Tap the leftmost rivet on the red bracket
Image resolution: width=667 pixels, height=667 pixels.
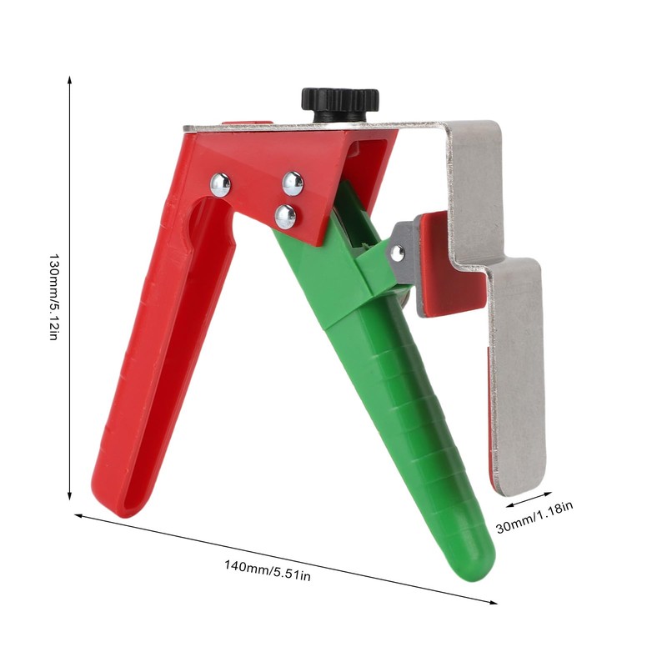click(x=220, y=184)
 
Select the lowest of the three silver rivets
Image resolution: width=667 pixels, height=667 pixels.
click(x=285, y=217)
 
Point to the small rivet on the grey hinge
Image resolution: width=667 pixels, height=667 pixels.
click(x=398, y=253)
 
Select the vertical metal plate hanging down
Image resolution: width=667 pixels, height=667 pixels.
click(x=518, y=375)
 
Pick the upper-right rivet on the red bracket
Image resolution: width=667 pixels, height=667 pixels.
click(x=293, y=183)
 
